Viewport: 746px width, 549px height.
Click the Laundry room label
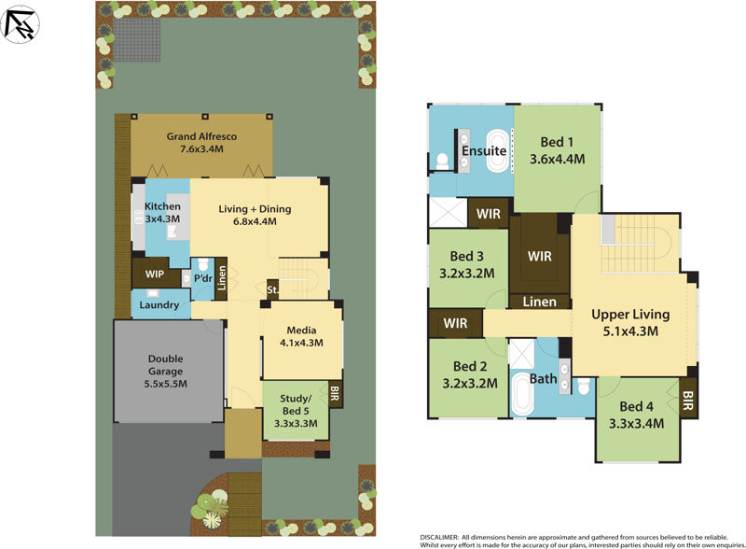[x=159, y=304]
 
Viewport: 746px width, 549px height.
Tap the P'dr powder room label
[x=202, y=277]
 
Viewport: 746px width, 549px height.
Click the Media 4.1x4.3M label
[x=301, y=336]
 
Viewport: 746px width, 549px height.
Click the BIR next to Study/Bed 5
[x=335, y=393]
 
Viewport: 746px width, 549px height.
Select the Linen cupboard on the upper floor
[x=539, y=302]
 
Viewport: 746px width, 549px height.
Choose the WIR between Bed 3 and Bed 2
[x=455, y=323]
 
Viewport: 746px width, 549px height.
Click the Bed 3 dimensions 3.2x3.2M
[x=466, y=274]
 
